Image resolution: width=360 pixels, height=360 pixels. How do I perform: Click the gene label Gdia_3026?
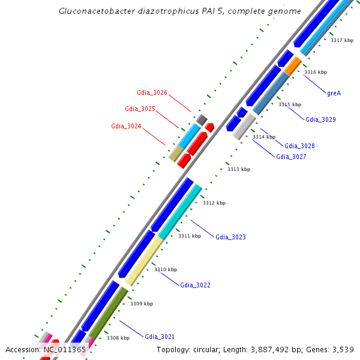click(152, 93)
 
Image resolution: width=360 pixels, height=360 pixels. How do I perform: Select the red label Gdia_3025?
click(140, 109)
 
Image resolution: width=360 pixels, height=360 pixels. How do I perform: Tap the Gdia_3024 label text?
click(126, 126)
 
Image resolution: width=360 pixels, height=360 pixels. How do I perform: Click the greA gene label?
click(334, 93)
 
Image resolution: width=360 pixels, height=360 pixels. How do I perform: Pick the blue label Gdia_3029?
click(320, 119)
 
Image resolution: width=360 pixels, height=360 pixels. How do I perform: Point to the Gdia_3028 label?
click(299, 146)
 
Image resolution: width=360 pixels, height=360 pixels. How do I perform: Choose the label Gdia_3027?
click(291, 157)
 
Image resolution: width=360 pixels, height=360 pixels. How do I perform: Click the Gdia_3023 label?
click(230, 237)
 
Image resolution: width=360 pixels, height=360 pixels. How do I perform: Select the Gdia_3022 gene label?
click(195, 285)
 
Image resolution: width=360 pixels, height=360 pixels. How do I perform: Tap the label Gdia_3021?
click(160, 337)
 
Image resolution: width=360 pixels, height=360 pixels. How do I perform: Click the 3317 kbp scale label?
click(342, 40)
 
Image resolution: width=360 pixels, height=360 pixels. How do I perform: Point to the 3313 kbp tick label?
click(239, 169)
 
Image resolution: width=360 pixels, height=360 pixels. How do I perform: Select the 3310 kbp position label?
click(166, 269)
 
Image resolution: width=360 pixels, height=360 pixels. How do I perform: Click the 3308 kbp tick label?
click(118, 338)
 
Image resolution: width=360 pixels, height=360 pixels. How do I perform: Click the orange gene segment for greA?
click(293, 66)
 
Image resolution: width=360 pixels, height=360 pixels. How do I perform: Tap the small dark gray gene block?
click(202, 119)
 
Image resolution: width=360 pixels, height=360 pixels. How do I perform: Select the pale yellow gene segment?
click(143, 260)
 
